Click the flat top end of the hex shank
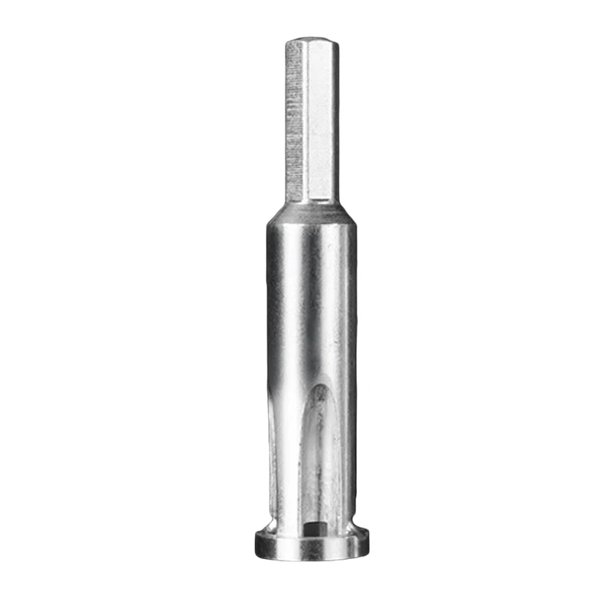(x=312, y=38)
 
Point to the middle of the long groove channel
(x=321, y=458)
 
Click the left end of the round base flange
(x=257, y=544)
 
